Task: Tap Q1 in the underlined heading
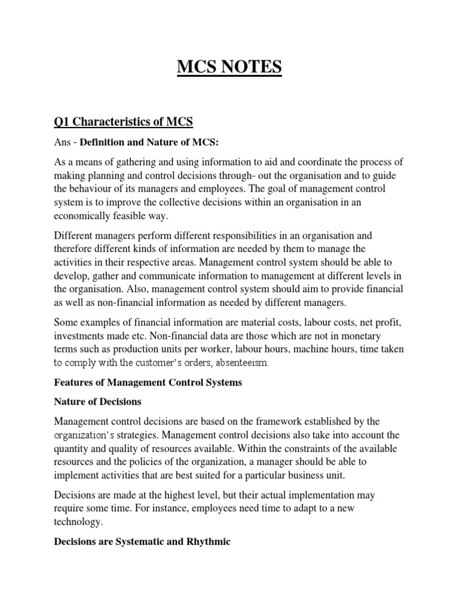coord(62,122)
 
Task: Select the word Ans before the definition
coord(63,145)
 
